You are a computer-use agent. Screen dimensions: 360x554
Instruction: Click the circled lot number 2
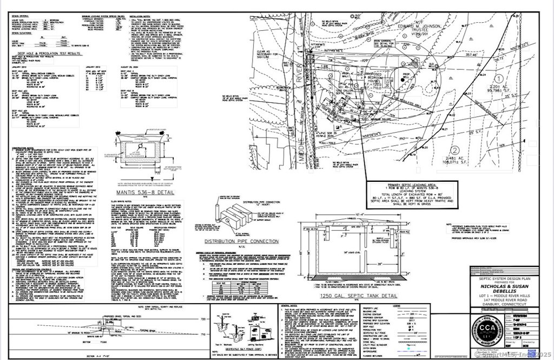pyautogui.click(x=456, y=150)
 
